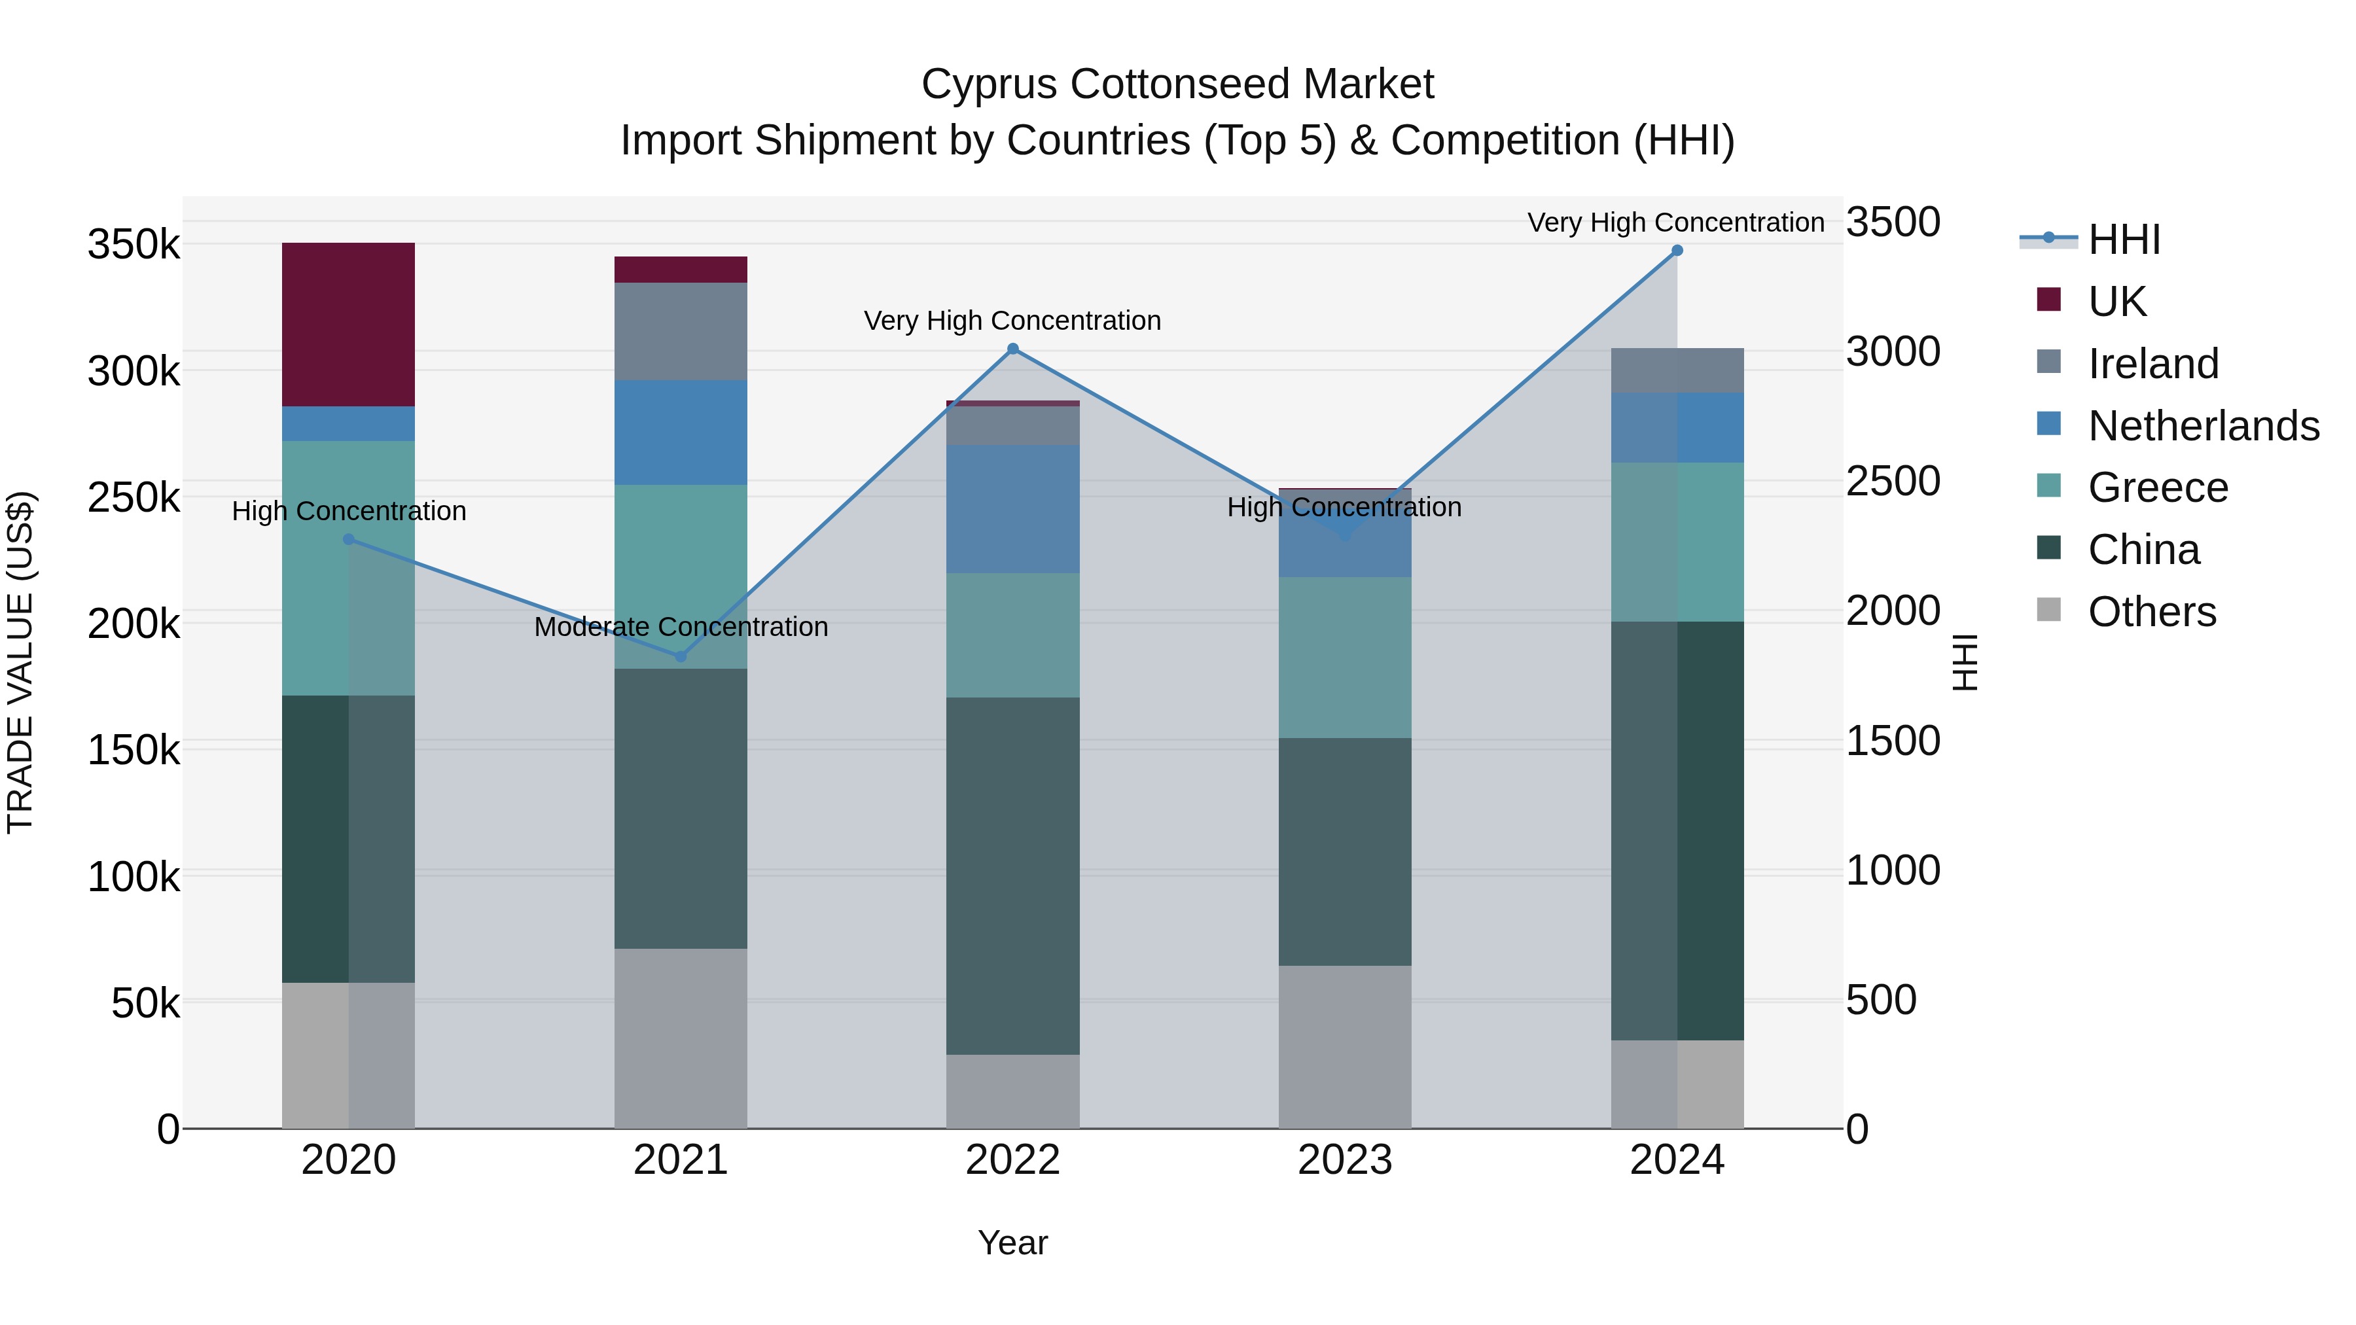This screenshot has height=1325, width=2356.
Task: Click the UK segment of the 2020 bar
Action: tap(348, 325)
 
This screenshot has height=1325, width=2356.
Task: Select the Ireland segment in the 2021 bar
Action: tap(681, 331)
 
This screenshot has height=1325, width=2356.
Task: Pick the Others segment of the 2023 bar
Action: tap(1344, 1046)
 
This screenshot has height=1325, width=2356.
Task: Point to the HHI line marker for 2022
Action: tap(1012, 348)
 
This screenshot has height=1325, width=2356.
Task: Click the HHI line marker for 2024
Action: tap(1677, 250)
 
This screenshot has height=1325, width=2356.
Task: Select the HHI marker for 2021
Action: tap(681, 656)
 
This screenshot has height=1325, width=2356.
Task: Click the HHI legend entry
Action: tap(2124, 239)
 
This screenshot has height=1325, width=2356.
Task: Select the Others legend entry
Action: tap(2151, 611)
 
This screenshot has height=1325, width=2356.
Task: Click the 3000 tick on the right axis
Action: tap(1892, 351)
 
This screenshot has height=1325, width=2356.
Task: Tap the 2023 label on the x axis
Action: tap(1344, 1159)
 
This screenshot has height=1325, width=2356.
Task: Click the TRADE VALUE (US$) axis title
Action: tap(20, 662)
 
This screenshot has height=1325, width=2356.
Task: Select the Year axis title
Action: tap(1012, 1242)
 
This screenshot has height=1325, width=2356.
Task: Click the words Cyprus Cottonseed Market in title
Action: tap(1177, 84)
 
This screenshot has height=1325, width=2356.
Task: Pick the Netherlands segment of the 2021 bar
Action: tap(681, 432)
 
